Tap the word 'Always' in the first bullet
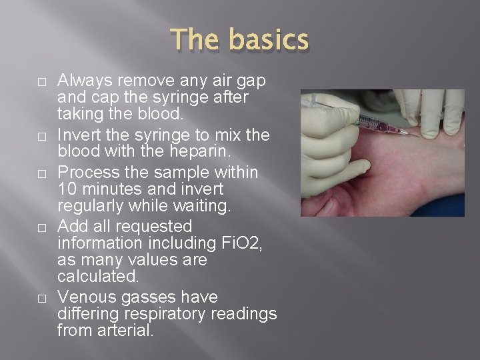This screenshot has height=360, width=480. pos(84,81)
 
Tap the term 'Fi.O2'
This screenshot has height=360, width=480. pos(239,243)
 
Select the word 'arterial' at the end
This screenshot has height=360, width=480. pos(123,329)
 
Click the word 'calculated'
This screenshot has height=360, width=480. pos(96,275)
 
